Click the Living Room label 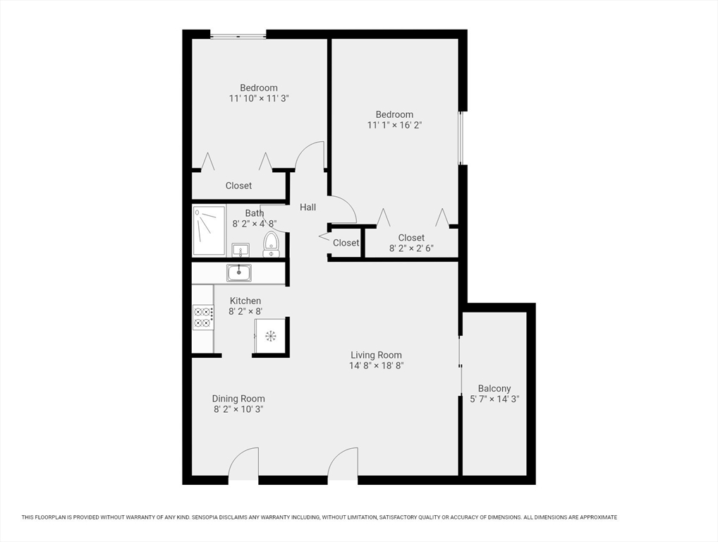[x=376, y=355]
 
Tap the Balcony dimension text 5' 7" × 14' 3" [x=494, y=399]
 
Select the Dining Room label [x=238, y=399]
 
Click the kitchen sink [x=238, y=272]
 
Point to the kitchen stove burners [x=203, y=317]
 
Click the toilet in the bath [x=271, y=244]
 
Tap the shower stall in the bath [x=209, y=231]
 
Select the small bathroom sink [x=241, y=250]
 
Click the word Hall [x=308, y=207]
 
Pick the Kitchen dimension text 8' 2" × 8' [x=245, y=311]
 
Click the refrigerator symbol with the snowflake [x=271, y=336]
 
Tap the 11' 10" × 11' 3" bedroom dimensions [x=259, y=99]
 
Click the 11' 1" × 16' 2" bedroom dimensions [x=394, y=125]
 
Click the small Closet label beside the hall [x=346, y=243]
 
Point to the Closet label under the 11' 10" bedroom [x=238, y=186]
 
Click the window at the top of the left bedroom [x=238, y=35]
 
